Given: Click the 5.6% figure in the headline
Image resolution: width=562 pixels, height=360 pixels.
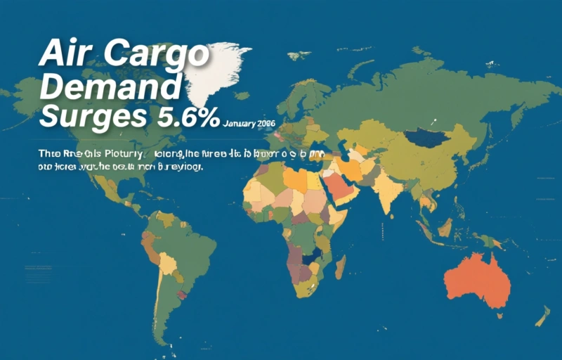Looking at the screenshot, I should coord(184,117).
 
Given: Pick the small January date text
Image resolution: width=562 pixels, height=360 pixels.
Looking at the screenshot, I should coord(249,123).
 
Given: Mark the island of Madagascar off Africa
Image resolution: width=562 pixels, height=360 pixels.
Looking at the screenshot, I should coord(340,266).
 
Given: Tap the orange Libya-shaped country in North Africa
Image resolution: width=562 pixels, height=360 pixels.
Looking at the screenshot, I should coord(295,180).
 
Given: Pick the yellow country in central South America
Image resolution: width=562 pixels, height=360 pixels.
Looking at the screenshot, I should coord(166,264).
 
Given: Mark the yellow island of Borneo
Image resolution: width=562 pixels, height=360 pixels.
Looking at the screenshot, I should coord(445,226).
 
